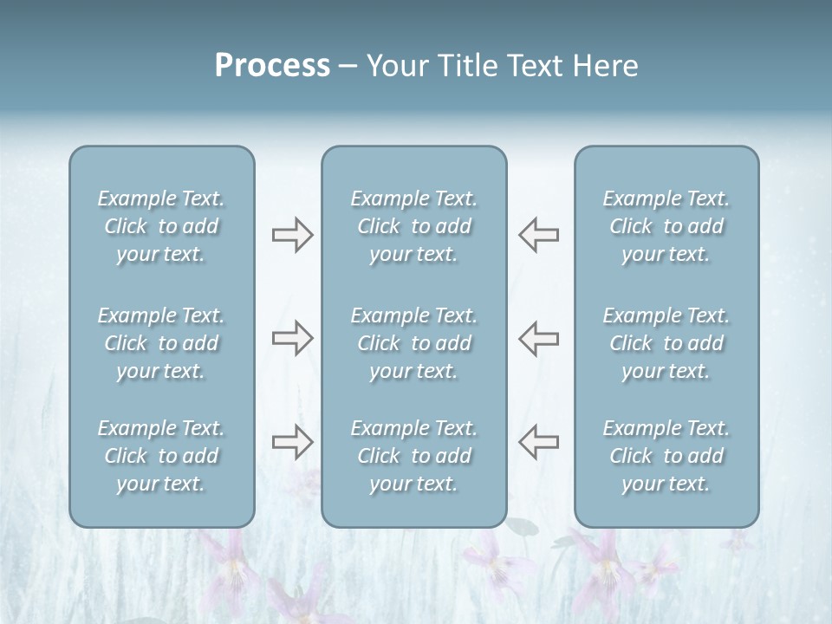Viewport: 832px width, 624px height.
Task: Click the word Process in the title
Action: (x=272, y=66)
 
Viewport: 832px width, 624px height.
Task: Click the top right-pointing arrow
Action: (x=292, y=235)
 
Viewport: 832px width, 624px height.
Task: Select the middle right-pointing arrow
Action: (x=292, y=338)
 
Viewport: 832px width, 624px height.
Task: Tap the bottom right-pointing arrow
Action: (x=292, y=442)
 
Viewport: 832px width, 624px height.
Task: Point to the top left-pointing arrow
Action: (x=538, y=235)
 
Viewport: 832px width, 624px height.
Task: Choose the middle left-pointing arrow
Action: (x=538, y=338)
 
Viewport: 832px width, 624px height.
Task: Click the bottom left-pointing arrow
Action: (x=538, y=442)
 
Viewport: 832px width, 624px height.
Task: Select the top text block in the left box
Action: (x=161, y=226)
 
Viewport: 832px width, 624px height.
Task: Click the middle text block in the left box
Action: (x=161, y=343)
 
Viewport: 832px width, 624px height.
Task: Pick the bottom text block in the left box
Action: (x=161, y=456)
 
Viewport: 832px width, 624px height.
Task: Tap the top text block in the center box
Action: (x=413, y=226)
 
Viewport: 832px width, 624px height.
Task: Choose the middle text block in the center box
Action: (x=413, y=343)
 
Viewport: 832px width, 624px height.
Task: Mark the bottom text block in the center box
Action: (x=413, y=456)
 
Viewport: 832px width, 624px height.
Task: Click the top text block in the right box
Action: (x=666, y=226)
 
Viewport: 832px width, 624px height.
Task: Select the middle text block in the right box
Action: (x=666, y=343)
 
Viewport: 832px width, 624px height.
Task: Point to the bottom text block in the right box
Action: (x=666, y=456)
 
